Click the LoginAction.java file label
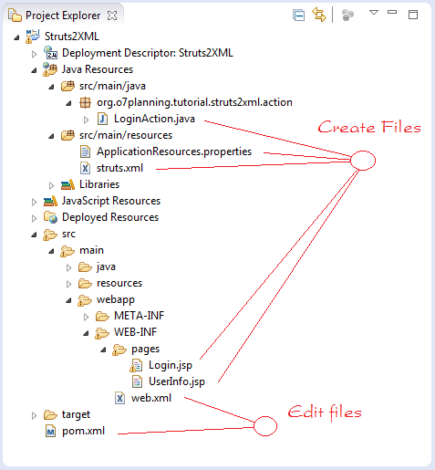tap(154, 119)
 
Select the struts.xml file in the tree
tap(119, 168)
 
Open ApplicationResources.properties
tap(174, 151)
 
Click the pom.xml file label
tap(83, 431)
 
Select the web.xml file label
tap(151, 398)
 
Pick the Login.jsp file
tap(171, 365)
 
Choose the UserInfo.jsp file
tap(177, 381)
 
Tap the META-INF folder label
tap(139, 316)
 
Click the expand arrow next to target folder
tap(34, 415)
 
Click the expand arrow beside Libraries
tap(51, 185)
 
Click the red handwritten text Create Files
tap(369, 127)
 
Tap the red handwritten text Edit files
tap(325, 413)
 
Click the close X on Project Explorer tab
tap(112, 16)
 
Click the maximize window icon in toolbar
tap(413, 15)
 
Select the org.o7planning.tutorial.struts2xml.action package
tap(194, 102)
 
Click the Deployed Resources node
tap(110, 217)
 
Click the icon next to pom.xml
tap(50, 431)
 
